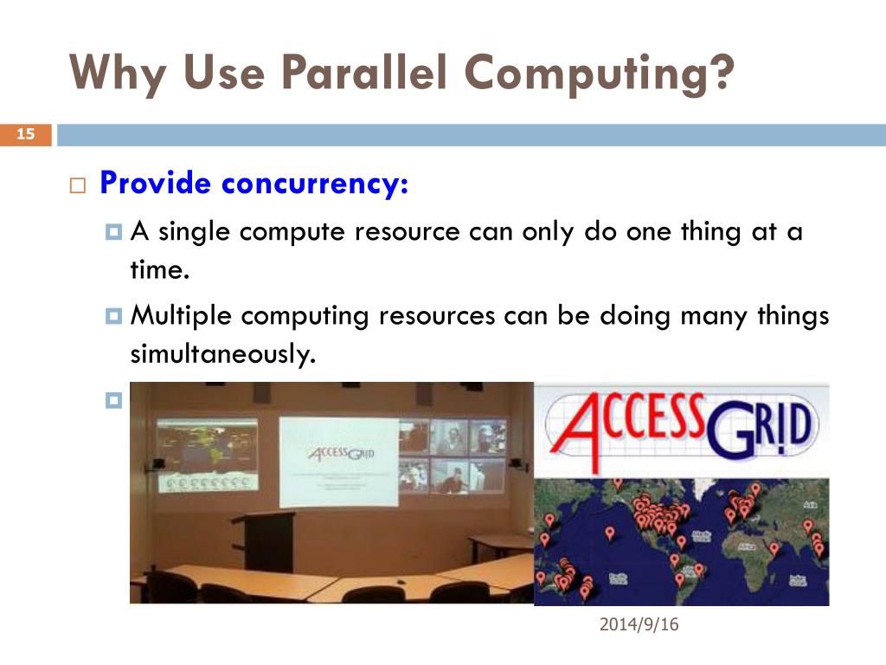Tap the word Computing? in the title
596,75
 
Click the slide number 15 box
25,134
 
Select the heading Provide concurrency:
254,184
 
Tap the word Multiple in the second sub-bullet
181,317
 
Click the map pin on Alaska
549,520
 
